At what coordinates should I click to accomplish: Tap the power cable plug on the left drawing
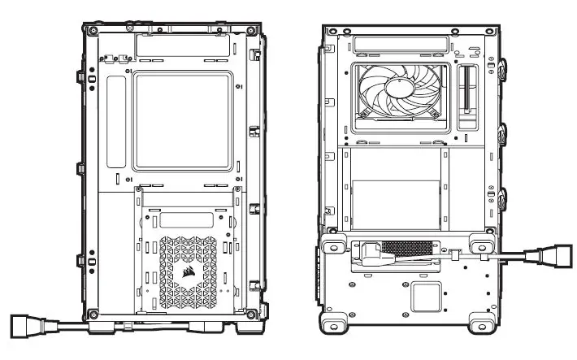pyautogui.click(x=26, y=326)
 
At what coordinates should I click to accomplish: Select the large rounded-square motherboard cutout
pyautogui.click(x=180, y=121)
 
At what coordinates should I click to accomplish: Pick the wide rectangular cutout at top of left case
pyautogui.click(x=180, y=46)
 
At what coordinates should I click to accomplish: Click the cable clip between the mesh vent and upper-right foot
pyautogui.click(x=454, y=255)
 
